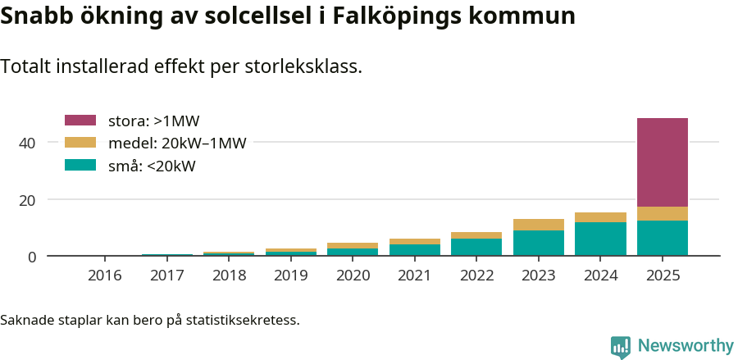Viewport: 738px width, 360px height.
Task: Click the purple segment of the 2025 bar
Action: point(662,162)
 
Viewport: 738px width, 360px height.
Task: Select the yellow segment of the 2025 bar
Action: point(662,213)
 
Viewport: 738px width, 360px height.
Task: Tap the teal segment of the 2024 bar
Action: point(600,239)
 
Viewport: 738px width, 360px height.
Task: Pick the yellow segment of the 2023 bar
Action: point(538,225)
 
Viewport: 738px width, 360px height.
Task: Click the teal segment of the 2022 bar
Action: point(476,247)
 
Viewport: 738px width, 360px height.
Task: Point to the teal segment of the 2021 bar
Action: point(414,250)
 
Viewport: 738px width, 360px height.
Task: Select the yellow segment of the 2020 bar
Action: point(353,245)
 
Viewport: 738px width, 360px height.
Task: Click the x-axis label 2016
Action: point(104,276)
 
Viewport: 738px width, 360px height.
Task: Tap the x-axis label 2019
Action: point(290,276)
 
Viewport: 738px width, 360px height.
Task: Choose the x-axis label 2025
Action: point(662,276)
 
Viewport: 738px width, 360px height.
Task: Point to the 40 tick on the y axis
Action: point(27,143)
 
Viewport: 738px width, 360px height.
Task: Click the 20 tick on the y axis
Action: point(27,200)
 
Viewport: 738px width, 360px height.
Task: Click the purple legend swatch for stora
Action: point(80,121)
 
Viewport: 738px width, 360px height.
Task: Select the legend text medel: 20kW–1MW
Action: point(177,144)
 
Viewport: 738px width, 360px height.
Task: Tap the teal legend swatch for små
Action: point(80,166)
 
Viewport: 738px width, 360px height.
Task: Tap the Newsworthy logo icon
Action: point(621,346)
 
